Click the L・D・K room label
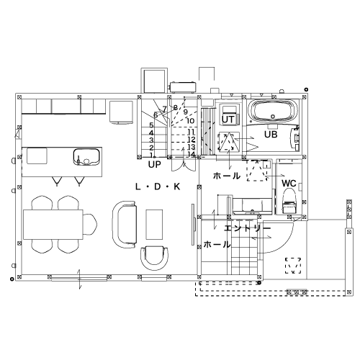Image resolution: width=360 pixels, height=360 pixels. coord(158,186)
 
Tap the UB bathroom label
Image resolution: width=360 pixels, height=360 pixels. coord(271,135)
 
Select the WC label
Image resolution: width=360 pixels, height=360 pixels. coord(289,184)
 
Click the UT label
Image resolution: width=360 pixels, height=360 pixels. coord(228,120)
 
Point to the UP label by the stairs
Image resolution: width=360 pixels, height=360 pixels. coord(154,164)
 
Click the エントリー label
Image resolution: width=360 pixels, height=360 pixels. coord(247,228)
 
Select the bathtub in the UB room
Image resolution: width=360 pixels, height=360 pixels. coord(273,112)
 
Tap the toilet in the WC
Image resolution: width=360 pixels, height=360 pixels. coord(289,201)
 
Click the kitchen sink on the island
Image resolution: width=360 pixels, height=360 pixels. coord(86,157)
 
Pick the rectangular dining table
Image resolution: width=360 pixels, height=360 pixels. coord(53,225)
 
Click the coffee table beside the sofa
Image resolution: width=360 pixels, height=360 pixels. coord(154,225)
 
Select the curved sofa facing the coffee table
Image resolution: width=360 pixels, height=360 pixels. coord(125,225)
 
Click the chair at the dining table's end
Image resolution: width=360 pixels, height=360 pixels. coord(90,225)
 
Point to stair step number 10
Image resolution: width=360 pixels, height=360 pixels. coord(190,121)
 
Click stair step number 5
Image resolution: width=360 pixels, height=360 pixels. coord(151,125)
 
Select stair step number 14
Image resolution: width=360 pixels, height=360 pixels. coord(192,154)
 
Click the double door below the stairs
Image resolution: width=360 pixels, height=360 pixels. coord(184,165)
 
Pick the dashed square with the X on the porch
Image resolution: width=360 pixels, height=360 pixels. coord(293,266)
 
